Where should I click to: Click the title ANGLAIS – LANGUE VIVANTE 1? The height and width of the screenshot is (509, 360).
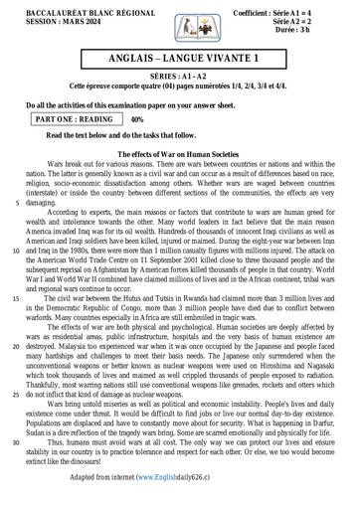click(179, 63)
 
